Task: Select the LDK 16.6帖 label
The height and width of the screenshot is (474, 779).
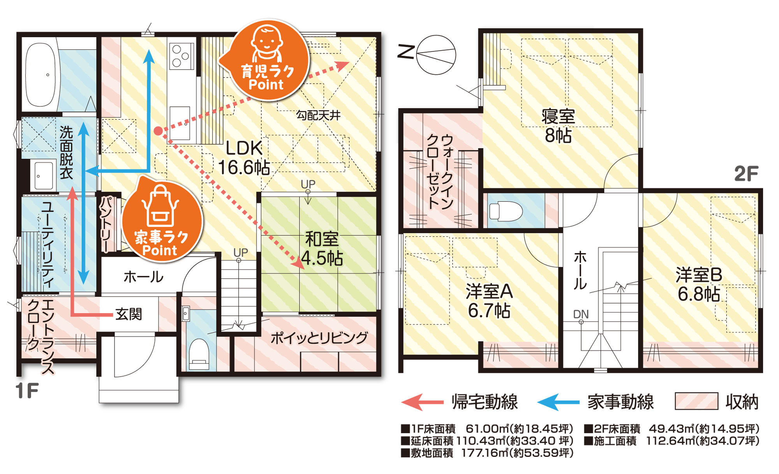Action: pos(244,158)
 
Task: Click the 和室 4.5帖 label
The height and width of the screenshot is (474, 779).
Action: pos(322,248)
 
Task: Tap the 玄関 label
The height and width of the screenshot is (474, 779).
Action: pos(129,314)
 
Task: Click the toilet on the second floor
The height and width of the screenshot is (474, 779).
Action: pos(505,211)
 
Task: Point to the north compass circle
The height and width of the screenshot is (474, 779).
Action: pos(436,55)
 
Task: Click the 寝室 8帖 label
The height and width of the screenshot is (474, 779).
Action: pos(558,126)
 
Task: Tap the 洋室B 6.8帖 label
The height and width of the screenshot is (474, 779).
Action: pos(699,284)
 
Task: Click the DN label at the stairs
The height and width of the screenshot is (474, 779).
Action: pos(581,314)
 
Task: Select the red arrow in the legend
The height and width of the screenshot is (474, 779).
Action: pos(422,402)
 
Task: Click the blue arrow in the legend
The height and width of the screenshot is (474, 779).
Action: pos(558,402)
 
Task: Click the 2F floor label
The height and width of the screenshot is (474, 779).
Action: pos(746,174)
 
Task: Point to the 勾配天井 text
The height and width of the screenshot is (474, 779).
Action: pos(318,115)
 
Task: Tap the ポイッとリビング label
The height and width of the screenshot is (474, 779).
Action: pos(319,338)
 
